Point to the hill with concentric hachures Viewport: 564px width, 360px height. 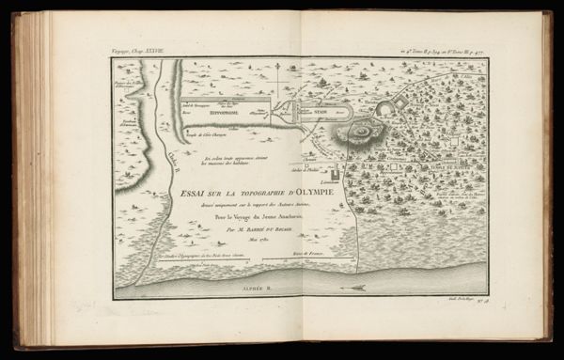[360, 132]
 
